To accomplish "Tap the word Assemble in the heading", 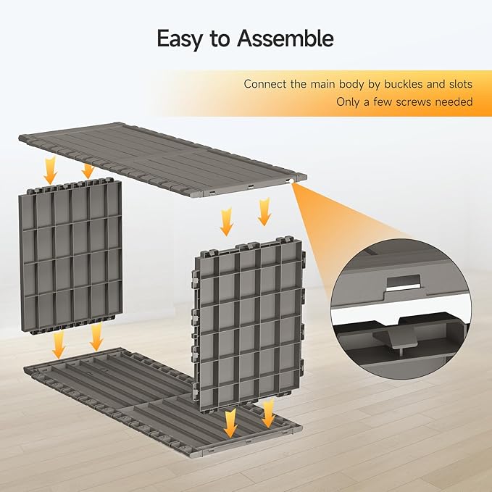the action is point(285,38).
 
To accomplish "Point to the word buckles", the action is point(404,84).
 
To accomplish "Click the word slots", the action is point(460,84).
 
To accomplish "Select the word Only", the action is point(348,102).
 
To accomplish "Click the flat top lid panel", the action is point(162,159).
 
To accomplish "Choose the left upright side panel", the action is point(70,256).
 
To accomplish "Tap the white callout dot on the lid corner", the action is point(291,181).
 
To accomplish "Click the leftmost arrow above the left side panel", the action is point(50,170).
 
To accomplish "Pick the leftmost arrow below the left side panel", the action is point(59,344).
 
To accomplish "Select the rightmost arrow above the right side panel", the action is point(264,212).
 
